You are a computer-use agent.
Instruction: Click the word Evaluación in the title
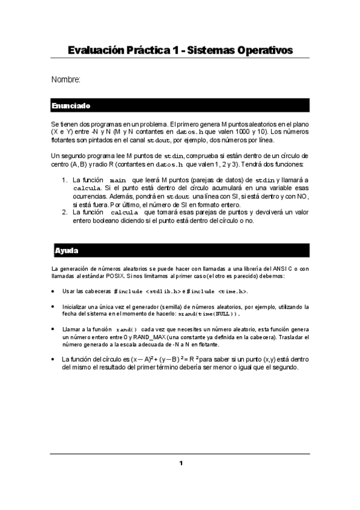99,50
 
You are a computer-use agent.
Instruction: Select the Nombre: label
66,79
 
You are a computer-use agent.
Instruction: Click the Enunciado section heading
71,106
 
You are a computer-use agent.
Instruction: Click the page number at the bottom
180,463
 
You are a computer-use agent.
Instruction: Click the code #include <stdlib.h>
147,291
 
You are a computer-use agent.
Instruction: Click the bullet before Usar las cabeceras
53,291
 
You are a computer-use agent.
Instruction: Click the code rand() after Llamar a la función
126,330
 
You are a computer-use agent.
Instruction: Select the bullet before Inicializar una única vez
53,307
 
